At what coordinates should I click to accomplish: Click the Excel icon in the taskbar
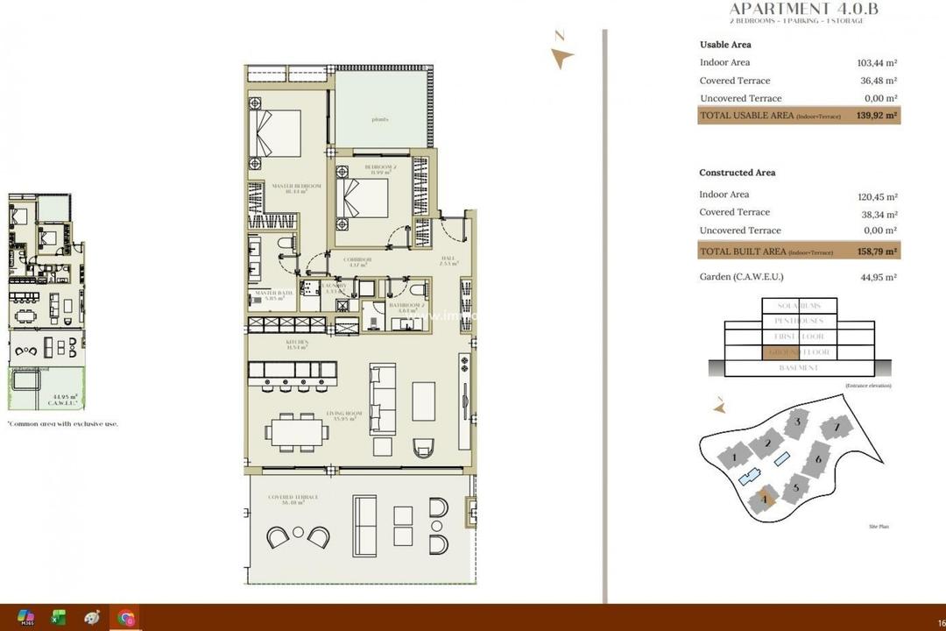[x=59, y=618]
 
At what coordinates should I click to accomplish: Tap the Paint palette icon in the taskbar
[x=92, y=618]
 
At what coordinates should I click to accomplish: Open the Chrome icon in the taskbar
[x=126, y=618]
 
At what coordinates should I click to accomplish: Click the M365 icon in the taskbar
[x=25, y=618]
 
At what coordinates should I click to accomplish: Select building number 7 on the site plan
[x=837, y=429]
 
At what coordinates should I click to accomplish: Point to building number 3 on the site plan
[x=795, y=424]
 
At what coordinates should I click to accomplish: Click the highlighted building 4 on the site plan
[x=765, y=500]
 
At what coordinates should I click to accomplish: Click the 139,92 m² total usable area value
[x=876, y=116]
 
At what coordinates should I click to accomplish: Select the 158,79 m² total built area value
[x=876, y=252]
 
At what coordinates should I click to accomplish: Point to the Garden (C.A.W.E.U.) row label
[x=741, y=277]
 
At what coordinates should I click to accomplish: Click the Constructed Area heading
[x=737, y=173]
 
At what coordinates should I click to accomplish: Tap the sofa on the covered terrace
[x=364, y=523]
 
